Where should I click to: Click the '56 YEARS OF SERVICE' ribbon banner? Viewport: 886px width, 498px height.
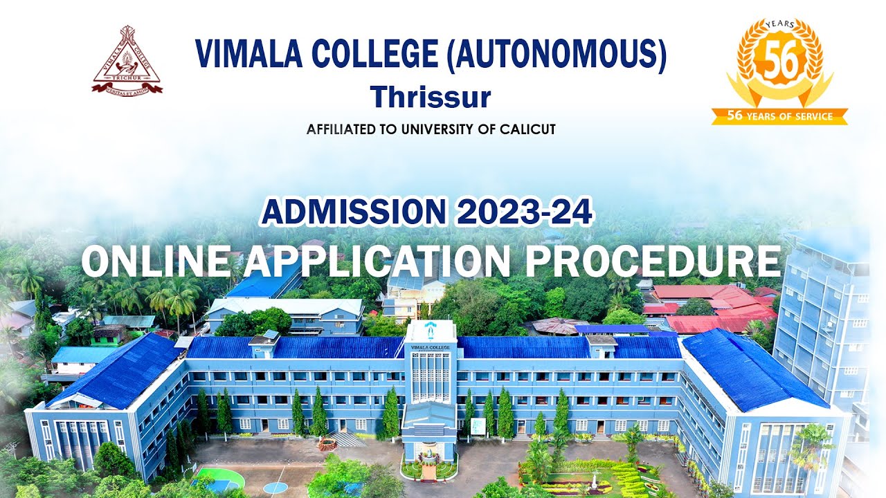click(x=779, y=116)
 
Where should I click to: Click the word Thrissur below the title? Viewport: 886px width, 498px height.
click(x=430, y=97)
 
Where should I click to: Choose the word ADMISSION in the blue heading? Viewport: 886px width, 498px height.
click(x=354, y=212)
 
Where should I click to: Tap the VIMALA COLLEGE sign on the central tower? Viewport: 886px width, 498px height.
click(x=429, y=347)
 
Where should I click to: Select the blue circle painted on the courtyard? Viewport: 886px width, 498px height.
click(x=275, y=488)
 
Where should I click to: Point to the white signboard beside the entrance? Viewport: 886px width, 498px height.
click(x=478, y=426)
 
